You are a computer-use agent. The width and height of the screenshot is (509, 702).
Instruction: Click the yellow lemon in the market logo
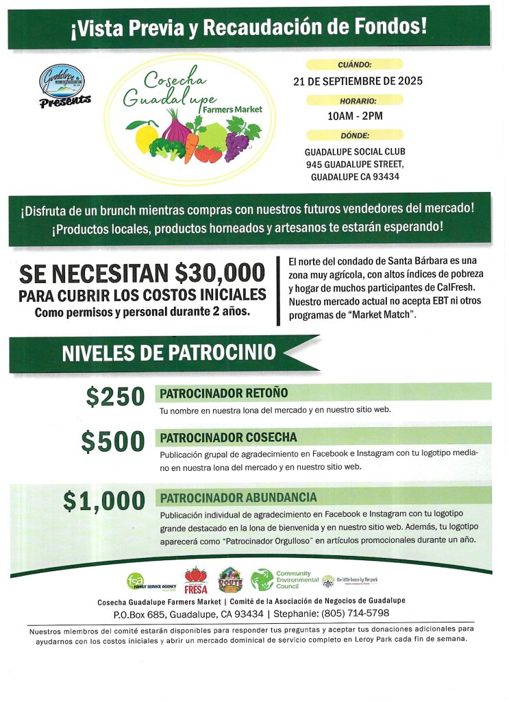[x=146, y=136]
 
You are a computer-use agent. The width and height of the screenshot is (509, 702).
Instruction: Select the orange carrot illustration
[x=191, y=146]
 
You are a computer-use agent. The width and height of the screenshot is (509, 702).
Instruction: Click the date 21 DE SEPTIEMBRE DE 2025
[x=358, y=81]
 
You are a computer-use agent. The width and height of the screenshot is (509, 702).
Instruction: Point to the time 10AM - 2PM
[x=355, y=117]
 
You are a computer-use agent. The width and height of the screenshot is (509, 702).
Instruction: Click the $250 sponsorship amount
[x=116, y=396]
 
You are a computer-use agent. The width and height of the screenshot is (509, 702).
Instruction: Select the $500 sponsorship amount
[x=113, y=441]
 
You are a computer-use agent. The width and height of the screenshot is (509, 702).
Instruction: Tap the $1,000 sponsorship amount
[x=104, y=500]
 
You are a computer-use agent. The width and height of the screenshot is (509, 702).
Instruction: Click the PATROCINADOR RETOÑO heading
[x=223, y=393]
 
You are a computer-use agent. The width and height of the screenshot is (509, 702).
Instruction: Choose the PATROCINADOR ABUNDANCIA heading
[x=238, y=497]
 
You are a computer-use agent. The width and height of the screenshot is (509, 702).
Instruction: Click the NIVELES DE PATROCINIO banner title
[x=169, y=353]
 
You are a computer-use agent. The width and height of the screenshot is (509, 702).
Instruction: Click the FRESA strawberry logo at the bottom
[x=196, y=581]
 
